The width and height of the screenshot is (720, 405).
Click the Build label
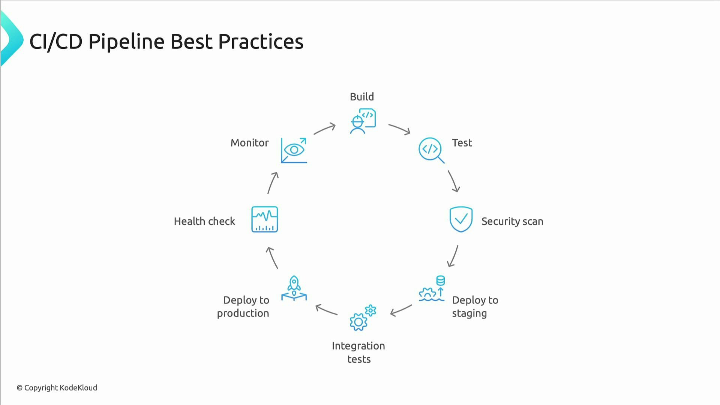[x=361, y=97]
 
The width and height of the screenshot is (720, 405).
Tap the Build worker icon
[x=362, y=121]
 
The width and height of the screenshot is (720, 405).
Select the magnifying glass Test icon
[x=431, y=150]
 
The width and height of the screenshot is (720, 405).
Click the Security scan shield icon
[x=460, y=219]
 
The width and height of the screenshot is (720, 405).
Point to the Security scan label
[x=512, y=221]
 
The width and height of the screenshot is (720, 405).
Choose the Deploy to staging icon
[x=432, y=289]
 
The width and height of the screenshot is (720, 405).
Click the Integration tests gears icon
[x=362, y=318]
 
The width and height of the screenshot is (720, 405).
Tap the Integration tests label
[x=358, y=352]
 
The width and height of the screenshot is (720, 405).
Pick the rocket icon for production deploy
[x=294, y=288]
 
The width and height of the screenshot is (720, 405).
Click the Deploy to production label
[x=244, y=306]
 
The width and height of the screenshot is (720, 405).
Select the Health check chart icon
[x=264, y=219]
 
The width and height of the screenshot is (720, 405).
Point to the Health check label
[x=204, y=221]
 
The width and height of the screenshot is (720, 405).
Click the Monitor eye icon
[x=294, y=150]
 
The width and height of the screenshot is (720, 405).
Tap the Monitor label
[x=249, y=143]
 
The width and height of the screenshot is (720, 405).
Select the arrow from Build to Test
[x=399, y=129]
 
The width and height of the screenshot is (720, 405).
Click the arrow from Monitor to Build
[x=325, y=129]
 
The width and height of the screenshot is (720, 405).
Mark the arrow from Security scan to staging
[x=453, y=256]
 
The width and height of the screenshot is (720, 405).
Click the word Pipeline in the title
[x=126, y=41]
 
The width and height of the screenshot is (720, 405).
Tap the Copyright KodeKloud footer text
[x=57, y=388]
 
